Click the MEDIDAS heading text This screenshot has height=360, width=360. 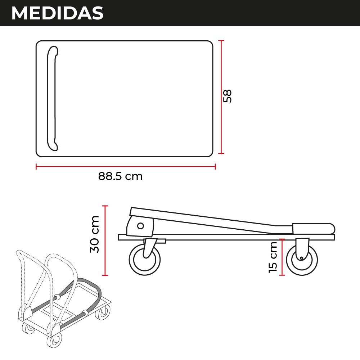coord(57,13)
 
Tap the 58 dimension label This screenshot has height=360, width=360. coord(227,96)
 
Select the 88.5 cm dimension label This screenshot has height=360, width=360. coord(120,176)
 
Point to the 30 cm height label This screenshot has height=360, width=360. coord(95,234)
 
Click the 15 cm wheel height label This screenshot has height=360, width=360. coord(273,257)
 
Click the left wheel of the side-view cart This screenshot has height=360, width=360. coord(145,260)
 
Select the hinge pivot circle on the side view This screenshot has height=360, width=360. coord(140,226)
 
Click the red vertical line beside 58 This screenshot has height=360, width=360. coord(221,97)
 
